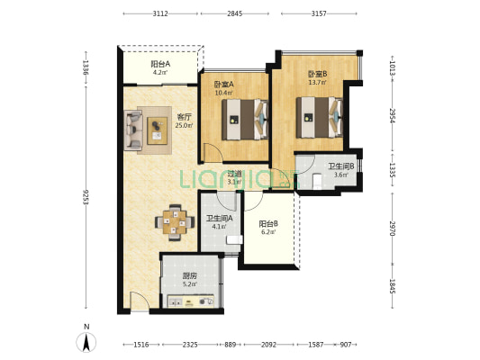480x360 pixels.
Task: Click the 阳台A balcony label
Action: click(x=160, y=64)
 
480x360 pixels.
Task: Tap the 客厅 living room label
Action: click(x=185, y=117)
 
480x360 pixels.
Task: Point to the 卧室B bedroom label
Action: click(x=318, y=74)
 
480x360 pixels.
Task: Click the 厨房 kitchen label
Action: click(x=189, y=276)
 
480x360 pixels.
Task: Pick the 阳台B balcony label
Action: click(x=268, y=224)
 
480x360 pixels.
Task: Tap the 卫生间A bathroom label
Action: click(x=219, y=219)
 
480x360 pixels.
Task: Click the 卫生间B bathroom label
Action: click(x=341, y=166)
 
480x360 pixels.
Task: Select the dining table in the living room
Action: click(x=175, y=222)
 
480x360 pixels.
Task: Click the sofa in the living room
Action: click(x=133, y=130)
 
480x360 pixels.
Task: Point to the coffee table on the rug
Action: click(x=158, y=130)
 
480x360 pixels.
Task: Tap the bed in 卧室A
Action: click(x=245, y=120)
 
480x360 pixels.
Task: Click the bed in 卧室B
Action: click(x=320, y=118)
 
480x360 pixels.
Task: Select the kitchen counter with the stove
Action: click(x=190, y=301)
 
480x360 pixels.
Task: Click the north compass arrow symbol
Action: click(x=86, y=342)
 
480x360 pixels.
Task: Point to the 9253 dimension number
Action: click(x=86, y=197)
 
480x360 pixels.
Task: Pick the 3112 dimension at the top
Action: click(x=160, y=13)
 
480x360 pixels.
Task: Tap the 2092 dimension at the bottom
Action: click(x=268, y=345)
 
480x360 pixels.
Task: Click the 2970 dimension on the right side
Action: click(x=393, y=229)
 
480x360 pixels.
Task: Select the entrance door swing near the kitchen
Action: click(x=140, y=300)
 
